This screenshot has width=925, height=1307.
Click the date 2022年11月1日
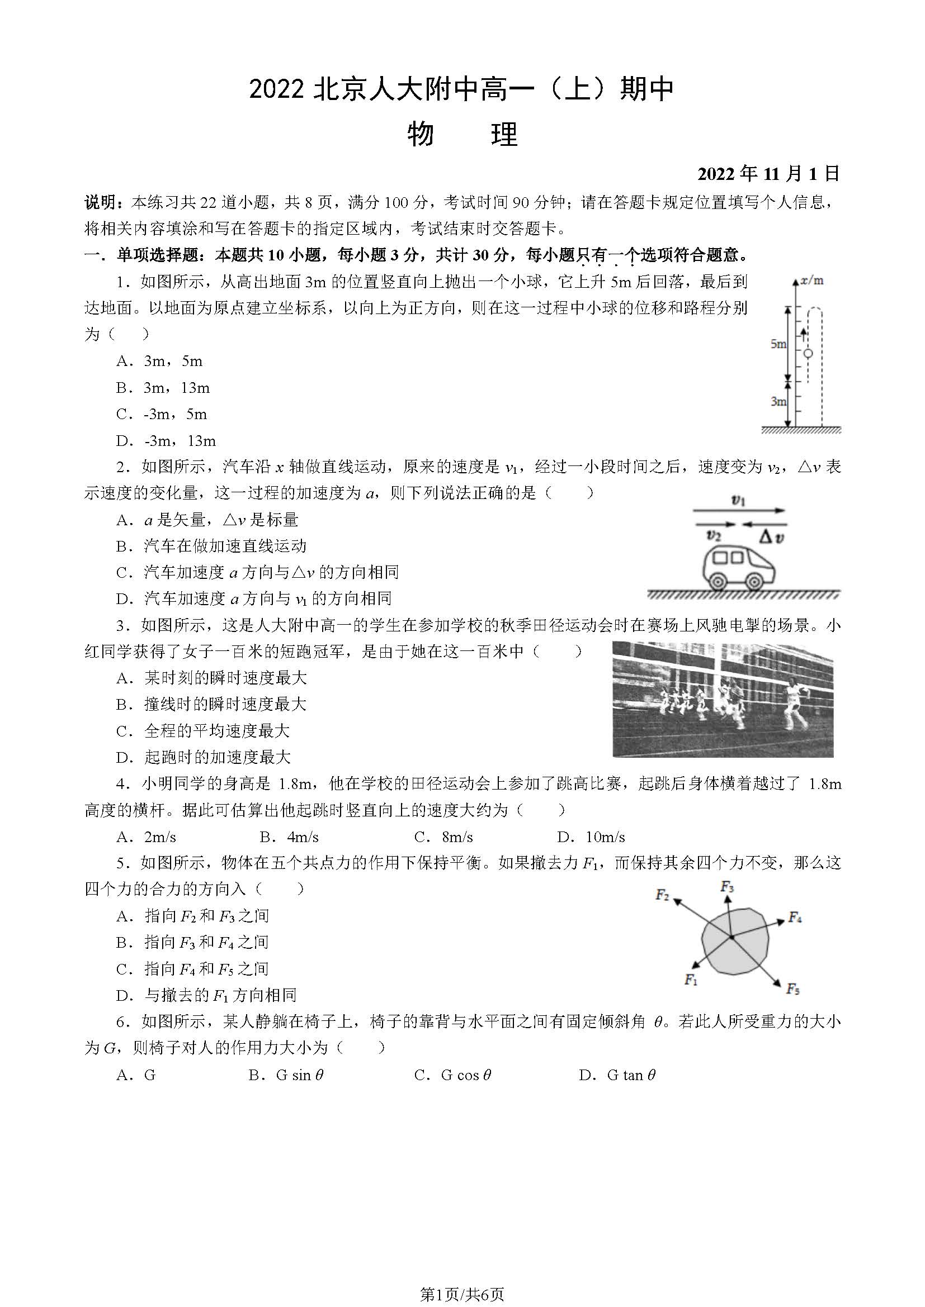(768, 174)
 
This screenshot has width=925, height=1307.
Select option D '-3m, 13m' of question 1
(166, 440)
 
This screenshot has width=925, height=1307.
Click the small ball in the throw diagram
(808, 354)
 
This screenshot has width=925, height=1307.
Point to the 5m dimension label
(778, 344)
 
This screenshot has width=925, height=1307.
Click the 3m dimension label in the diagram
(778, 401)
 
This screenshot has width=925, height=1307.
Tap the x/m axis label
(812, 281)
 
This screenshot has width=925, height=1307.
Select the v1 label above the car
(738, 501)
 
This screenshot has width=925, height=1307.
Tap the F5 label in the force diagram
(793, 989)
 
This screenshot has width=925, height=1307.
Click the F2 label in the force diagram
(662, 895)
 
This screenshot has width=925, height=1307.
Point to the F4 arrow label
(795, 917)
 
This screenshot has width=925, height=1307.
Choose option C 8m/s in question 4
(443, 837)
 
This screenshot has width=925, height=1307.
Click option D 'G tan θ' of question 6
(617, 1075)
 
